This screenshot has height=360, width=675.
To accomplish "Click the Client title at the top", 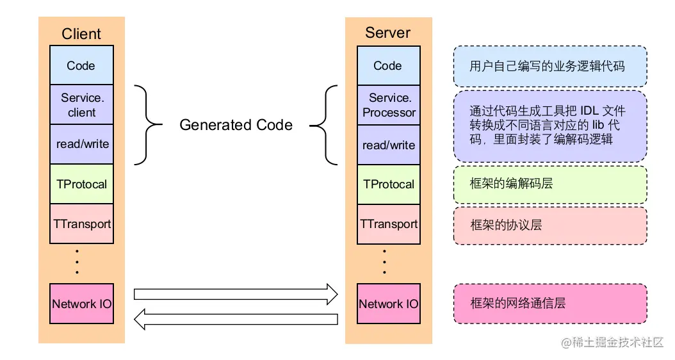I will (81, 33).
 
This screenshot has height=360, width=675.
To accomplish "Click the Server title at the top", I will (387, 33).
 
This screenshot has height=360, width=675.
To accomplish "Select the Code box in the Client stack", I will (81, 65).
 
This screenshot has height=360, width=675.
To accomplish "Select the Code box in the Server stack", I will (388, 65).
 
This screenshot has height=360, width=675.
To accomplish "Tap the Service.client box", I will (81, 105).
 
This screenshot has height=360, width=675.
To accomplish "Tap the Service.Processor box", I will (388, 105).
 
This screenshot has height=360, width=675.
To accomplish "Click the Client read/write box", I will (81, 144).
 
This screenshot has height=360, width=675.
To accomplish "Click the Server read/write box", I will (388, 145).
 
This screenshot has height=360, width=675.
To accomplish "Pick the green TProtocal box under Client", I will (81, 184).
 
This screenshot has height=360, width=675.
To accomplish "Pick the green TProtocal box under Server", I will (388, 184).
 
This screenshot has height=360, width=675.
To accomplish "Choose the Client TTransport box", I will (81, 224).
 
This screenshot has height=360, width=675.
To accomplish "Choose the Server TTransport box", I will (388, 224).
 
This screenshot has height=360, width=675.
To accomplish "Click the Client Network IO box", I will (81, 304).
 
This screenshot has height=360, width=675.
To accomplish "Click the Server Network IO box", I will (388, 304).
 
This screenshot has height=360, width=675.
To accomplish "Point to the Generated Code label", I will (236, 125).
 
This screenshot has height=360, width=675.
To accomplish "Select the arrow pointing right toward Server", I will (235, 294).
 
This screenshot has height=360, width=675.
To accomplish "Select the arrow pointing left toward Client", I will (235, 318).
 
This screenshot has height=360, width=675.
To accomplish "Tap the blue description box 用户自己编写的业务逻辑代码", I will (550, 66).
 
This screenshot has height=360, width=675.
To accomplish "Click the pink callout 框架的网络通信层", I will (550, 304).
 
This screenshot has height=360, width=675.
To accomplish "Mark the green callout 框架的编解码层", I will (550, 184).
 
